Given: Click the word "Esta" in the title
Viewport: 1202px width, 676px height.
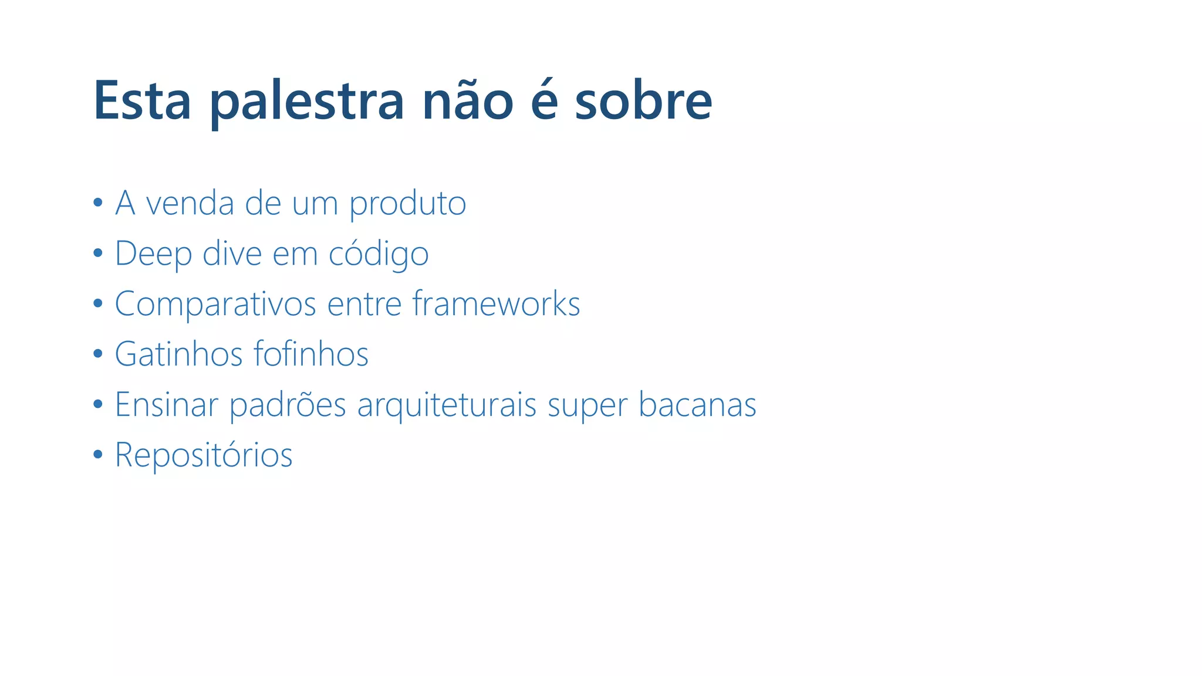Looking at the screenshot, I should (142, 100).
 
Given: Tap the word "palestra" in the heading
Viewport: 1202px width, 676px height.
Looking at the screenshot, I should (307, 102).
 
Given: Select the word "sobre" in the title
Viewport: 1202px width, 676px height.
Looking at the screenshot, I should (643, 100).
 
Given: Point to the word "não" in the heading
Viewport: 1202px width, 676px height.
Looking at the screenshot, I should (468, 100).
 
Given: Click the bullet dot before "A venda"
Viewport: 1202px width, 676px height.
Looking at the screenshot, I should (98, 203).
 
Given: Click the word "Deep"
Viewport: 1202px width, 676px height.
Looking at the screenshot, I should (153, 254).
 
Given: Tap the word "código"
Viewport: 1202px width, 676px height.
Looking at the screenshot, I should (379, 254).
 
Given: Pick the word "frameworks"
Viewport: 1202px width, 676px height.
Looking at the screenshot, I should (496, 303).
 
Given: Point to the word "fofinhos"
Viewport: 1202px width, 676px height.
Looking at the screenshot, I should (311, 354).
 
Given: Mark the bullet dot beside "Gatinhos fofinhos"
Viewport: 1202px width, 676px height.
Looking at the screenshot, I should (98, 354).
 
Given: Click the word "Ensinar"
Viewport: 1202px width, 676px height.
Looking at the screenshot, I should (166, 404).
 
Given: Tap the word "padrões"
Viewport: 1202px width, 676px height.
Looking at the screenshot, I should (288, 405).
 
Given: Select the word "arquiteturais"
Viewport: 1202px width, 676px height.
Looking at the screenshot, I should (447, 405).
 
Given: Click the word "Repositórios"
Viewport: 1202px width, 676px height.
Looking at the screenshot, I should (204, 455).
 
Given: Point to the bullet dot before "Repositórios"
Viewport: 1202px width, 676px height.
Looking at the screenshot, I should (98, 454).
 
